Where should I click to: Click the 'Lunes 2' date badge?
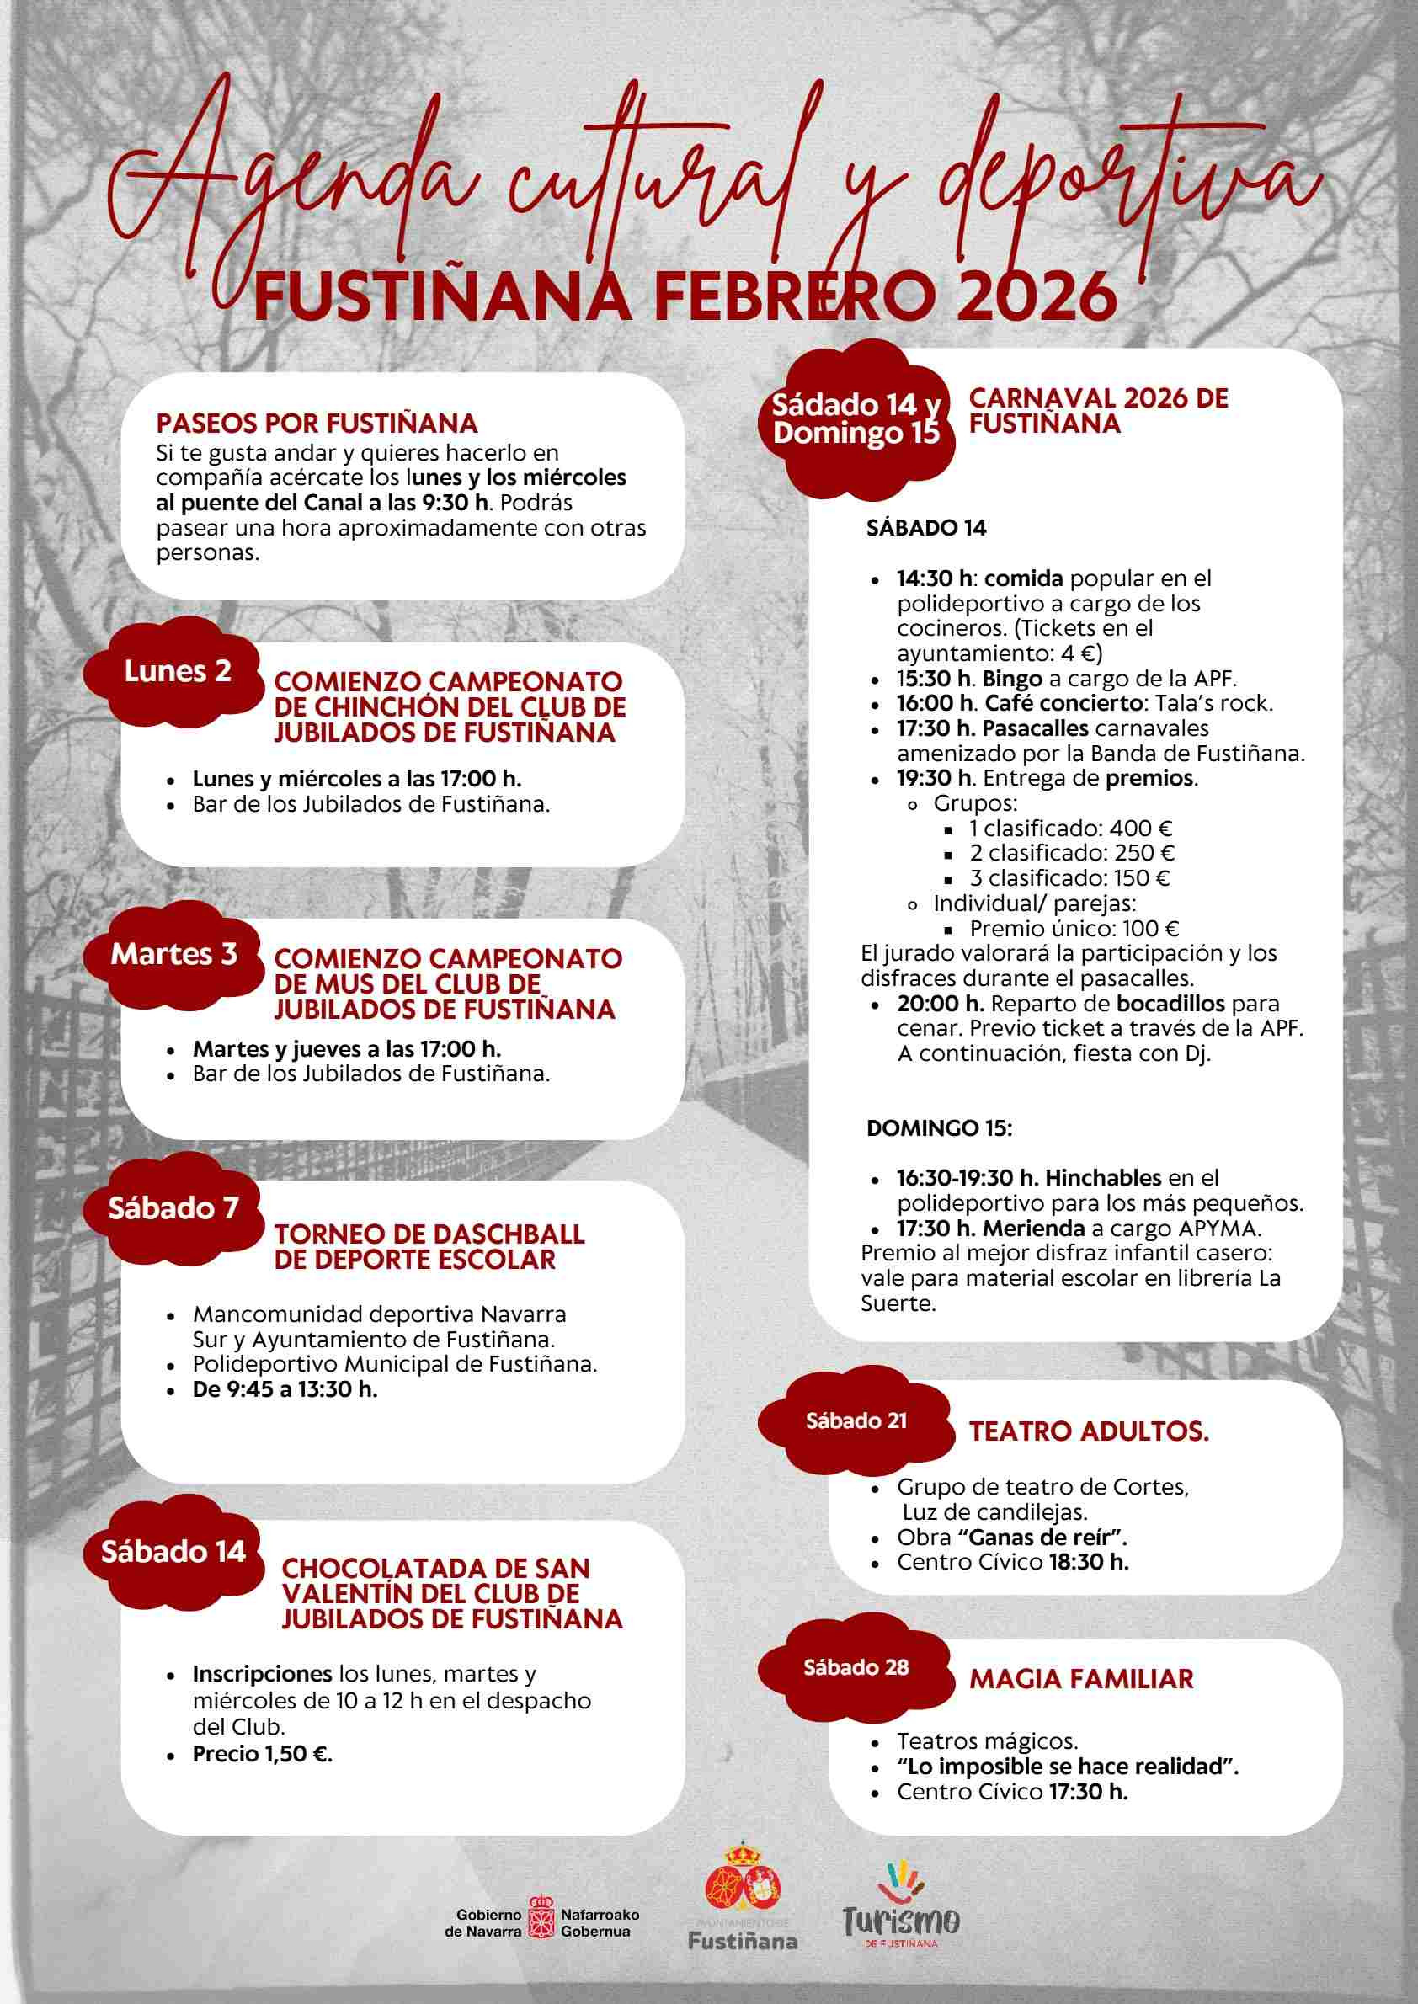177,670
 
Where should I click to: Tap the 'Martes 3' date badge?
173,953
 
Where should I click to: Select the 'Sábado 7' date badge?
173,1208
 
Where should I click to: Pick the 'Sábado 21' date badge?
856,1420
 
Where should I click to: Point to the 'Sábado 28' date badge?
856,1667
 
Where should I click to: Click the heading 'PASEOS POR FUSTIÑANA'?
317,424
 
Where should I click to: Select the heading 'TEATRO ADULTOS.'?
1089,1431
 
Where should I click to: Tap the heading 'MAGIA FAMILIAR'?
1081,1678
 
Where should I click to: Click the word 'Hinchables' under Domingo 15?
1103,1178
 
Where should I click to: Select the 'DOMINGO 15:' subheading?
939,1128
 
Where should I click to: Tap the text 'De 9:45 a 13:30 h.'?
285,1389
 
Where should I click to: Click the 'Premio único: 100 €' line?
1074,928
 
